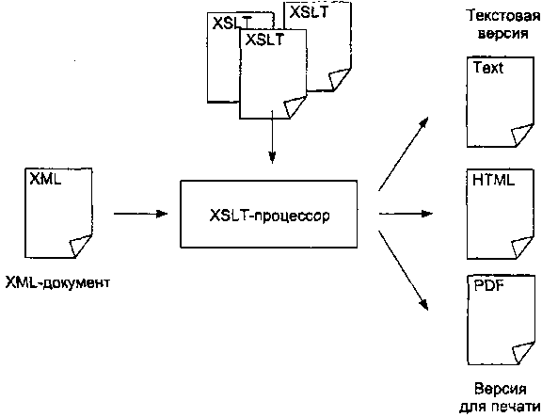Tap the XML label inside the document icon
(x=45, y=179)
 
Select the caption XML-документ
(x=57, y=282)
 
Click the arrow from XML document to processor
(x=141, y=214)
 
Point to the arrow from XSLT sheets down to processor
(x=272, y=136)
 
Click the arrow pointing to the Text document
(x=404, y=153)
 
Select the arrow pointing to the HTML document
(x=406, y=214)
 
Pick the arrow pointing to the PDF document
(x=404, y=270)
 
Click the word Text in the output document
(x=487, y=68)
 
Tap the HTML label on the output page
(x=493, y=180)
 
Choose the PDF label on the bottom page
(x=488, y=285)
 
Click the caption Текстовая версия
(x=502, y=24)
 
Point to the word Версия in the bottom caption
(x=501, y=389)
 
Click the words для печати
(x=500, y=407)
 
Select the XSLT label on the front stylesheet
(x=264, y=40)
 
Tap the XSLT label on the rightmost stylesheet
(x=309, y=12)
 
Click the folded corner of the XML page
(x=81, y=246)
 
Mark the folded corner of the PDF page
(x=522, y=353)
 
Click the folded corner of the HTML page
(x=522, y=248)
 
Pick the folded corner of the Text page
(x=522, y=136)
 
